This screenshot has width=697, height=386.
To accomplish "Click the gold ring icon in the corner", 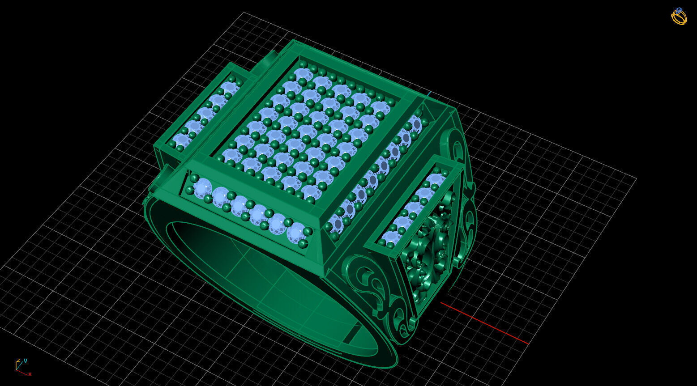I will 679,17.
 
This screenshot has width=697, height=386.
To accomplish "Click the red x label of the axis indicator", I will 30,374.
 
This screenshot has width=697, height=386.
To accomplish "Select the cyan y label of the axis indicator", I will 26,360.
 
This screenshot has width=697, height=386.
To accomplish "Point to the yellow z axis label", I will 18,360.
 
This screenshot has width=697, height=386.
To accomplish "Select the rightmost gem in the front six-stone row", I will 296,233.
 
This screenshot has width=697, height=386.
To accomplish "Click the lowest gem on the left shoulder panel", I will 182,140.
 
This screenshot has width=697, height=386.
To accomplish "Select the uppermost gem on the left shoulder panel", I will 230,86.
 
